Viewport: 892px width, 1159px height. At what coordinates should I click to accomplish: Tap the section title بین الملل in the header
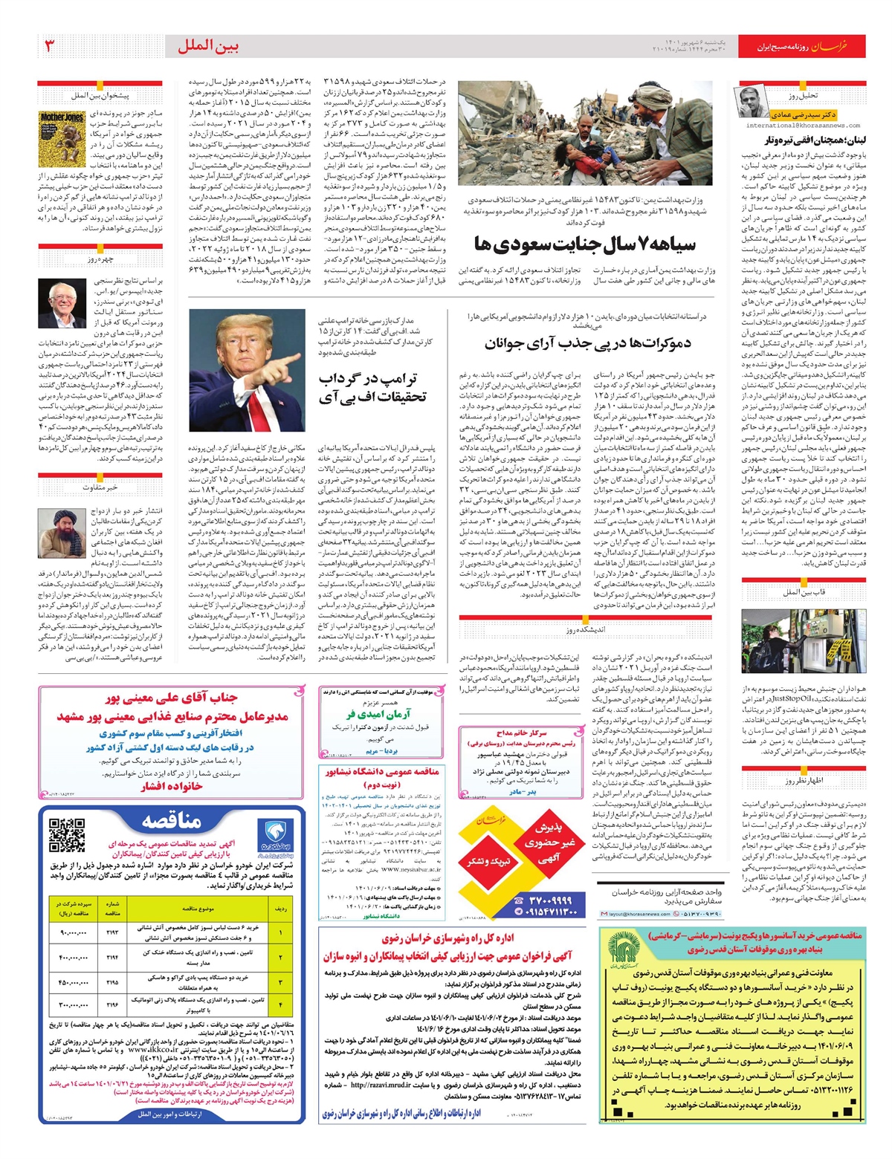pos(207,46)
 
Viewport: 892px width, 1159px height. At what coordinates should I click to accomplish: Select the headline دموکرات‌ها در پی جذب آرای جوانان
pos(587,343)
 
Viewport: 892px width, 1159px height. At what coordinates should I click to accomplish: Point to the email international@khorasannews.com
pos(803,126)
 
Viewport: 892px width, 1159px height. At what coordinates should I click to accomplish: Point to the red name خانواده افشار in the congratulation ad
pos(172,786)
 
